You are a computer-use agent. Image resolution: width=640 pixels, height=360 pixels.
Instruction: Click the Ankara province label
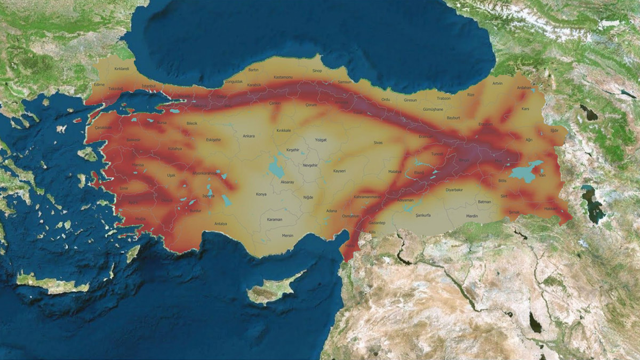(x=249, y=136)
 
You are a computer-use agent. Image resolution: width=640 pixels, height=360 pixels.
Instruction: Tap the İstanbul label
(x=149, y=86)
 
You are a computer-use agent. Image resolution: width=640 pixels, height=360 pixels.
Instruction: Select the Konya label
(x=261, y=194)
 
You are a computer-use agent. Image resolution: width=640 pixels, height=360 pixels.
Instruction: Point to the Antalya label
(x=220, y=223)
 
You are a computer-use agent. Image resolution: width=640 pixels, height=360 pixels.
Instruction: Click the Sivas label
(x=378, y=143)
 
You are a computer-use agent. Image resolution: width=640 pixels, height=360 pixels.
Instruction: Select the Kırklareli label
(x=122, y=69)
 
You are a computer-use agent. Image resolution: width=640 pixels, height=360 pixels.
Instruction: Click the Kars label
(x=525, y=109)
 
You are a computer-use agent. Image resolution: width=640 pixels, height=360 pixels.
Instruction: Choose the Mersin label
(x=288, y=235)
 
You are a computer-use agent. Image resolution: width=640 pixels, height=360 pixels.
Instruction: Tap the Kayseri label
(x=340, y=171)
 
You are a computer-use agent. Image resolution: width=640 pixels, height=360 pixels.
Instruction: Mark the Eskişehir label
(x=213, y=140)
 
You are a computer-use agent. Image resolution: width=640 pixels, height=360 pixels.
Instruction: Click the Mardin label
(x=472, y=216)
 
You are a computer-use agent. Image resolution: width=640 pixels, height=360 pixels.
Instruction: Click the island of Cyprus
(x=272, y=291)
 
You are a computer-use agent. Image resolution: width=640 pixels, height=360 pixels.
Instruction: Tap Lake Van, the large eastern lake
(x=525, y=172)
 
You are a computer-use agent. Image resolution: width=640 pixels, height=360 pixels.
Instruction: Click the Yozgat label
(x=321, y=139)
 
